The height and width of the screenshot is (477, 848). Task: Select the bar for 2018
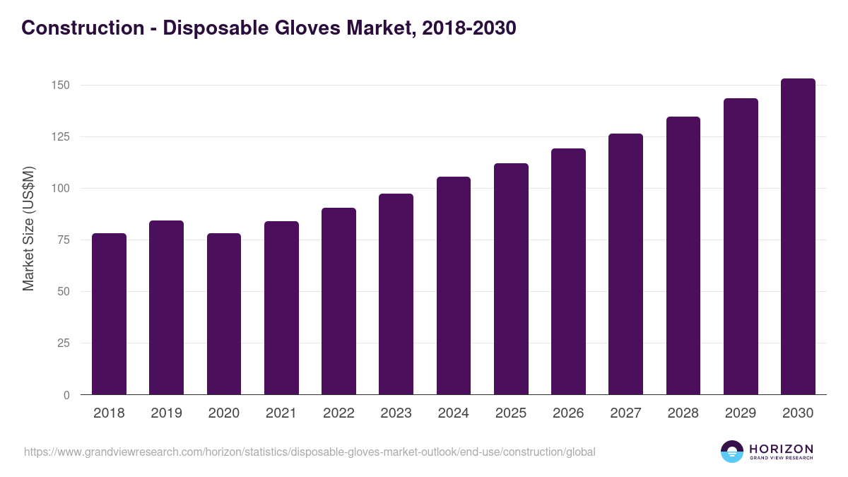(x=109, y=314)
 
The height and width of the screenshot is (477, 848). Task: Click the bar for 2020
(x=224, y=314)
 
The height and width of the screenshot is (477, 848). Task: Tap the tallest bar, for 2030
(x=798, y=237)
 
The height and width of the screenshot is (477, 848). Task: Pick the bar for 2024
(x=454, y=286)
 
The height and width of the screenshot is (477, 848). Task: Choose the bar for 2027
(x=625, y=264)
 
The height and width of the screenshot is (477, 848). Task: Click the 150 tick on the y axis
(x=60, y=86)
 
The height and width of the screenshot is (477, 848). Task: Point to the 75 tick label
(x=63, y=240)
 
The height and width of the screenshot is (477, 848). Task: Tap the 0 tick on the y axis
(x=66, y=395)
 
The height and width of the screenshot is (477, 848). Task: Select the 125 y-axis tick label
(x=60, y=137)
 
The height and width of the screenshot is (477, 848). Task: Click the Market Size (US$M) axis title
(x=28, y=228)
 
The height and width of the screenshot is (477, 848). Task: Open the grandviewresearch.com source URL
(x=310, y=452)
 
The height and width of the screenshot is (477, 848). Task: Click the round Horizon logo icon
(x=732, y=452)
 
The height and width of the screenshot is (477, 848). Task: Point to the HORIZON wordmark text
(x=781, y=448)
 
